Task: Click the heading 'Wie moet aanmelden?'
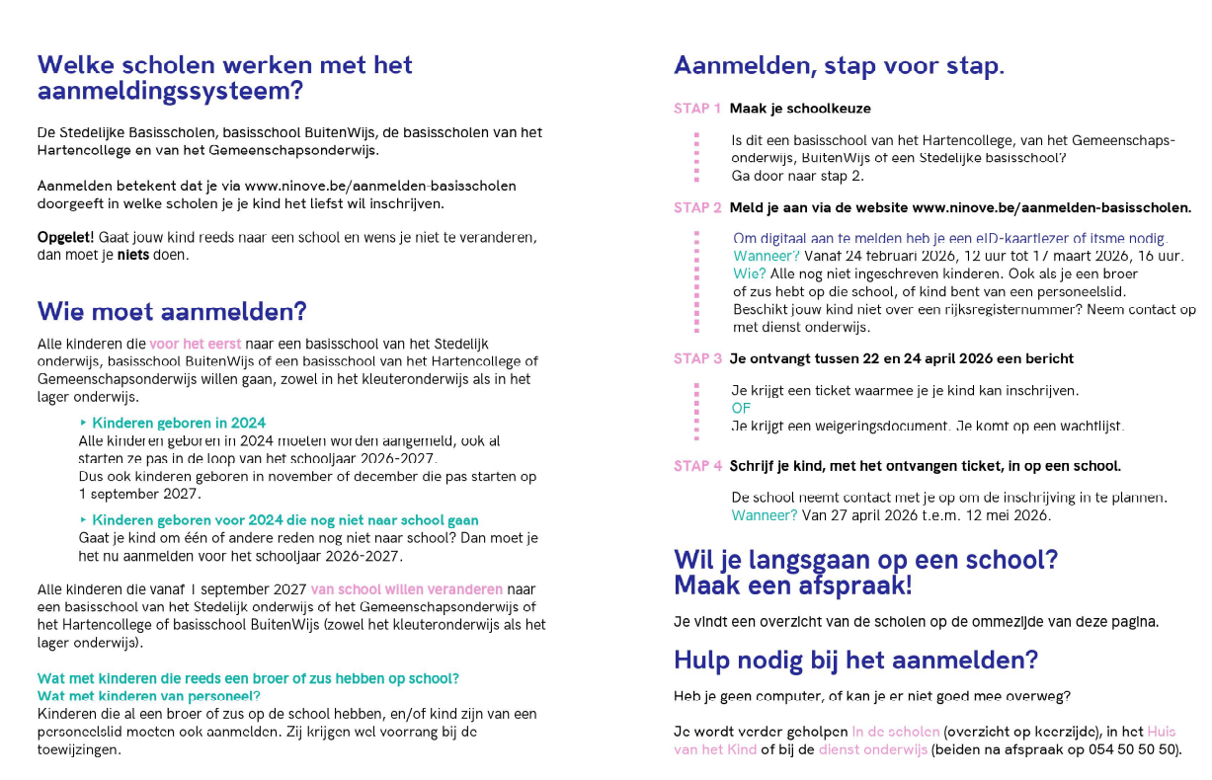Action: pos(172,312)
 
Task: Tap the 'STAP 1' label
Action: pos(697,109)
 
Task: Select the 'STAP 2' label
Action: pos(697,207)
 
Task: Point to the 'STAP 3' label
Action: pos(697,358)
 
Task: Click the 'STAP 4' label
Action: pos(697,465)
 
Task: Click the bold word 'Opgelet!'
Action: pos(65,238)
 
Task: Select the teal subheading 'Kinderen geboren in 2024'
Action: pos(179,423)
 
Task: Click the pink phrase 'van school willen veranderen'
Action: pos(406,589)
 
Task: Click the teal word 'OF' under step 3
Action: pos(741,408)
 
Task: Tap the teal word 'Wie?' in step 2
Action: pos(749,273)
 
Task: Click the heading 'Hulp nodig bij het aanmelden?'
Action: pos(855,660)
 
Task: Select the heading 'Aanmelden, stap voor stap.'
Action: pos(839,66)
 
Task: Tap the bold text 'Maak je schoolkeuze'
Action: pos(800,109)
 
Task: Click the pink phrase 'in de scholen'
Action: pos(895,732)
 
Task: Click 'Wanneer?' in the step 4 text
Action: pos(764,515)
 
